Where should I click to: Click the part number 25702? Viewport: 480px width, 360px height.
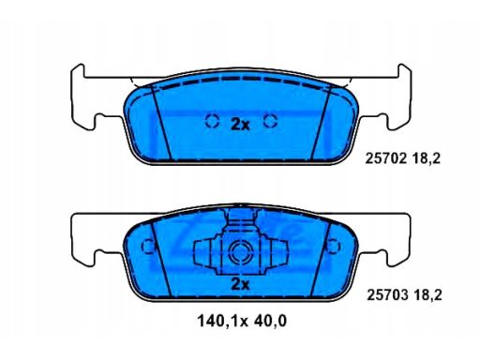click(x=386, y=159)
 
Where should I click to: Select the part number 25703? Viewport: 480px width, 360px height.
click(x=387, y=295)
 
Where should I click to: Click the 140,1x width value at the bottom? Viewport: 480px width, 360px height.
click(x=222, y=322)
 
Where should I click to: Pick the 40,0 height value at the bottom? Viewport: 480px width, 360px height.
click(x=270, y=322)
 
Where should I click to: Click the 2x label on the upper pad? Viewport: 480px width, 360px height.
click(x=240, y=125)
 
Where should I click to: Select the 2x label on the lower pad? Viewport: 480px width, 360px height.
click(x=240, y=284)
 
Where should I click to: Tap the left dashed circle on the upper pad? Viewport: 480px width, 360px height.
click(x=212, y=121)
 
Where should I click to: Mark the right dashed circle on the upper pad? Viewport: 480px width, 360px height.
click(x=270, y=121)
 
